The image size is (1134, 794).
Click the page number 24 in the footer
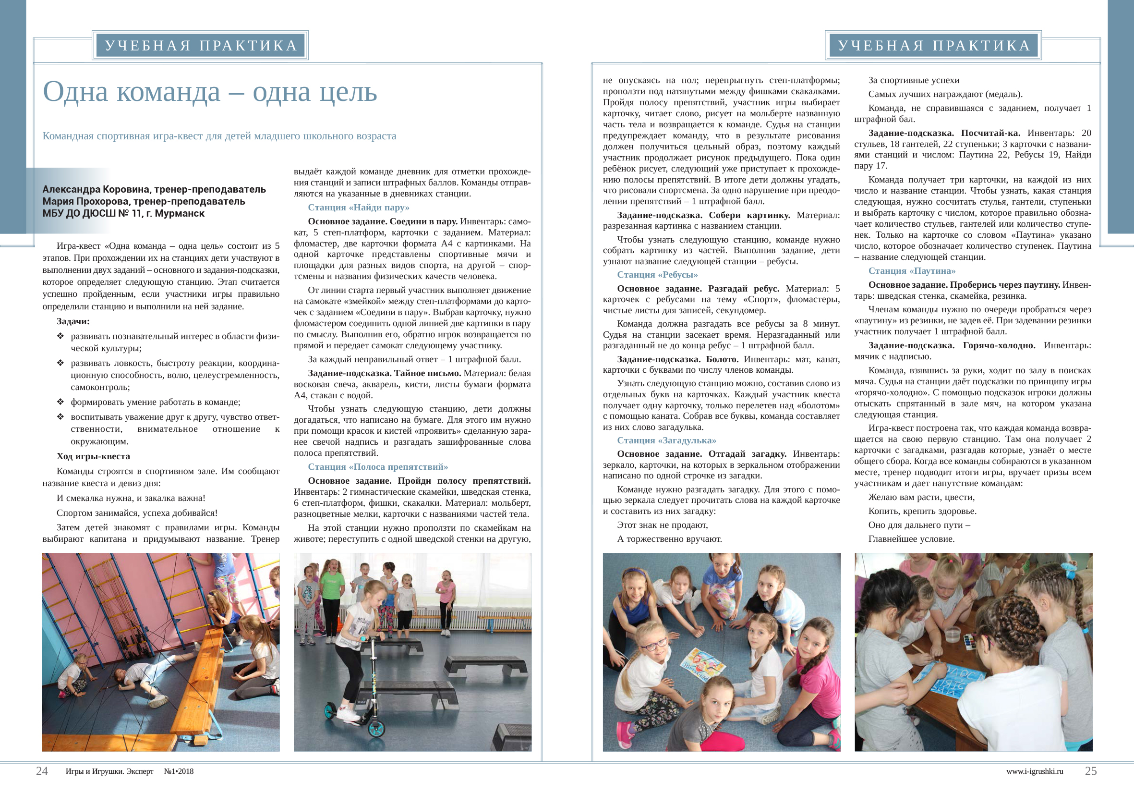pos(42,771)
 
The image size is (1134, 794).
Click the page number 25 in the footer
pos(1090,771)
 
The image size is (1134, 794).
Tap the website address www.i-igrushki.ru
pos(1034,771)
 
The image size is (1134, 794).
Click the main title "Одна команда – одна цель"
pos(210,92)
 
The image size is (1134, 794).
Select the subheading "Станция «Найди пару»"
pos(359,208)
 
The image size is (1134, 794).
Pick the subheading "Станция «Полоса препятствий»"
pos(378,467)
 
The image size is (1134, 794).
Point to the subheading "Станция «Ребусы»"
pos(657,275)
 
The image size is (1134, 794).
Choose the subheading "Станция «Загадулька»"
pos(666,440)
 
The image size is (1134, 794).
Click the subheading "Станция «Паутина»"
pos(912,271)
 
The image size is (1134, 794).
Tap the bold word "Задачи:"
pos(73,321)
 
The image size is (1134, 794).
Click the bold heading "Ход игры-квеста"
pos(93,456)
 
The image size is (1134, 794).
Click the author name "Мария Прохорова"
pos(86,201)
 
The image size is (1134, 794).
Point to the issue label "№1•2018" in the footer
pos(179,771)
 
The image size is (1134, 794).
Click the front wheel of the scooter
pos(376,728)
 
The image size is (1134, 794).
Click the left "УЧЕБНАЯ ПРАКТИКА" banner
pos(201,46)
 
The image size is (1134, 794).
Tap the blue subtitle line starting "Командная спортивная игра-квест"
pos(219,136)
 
